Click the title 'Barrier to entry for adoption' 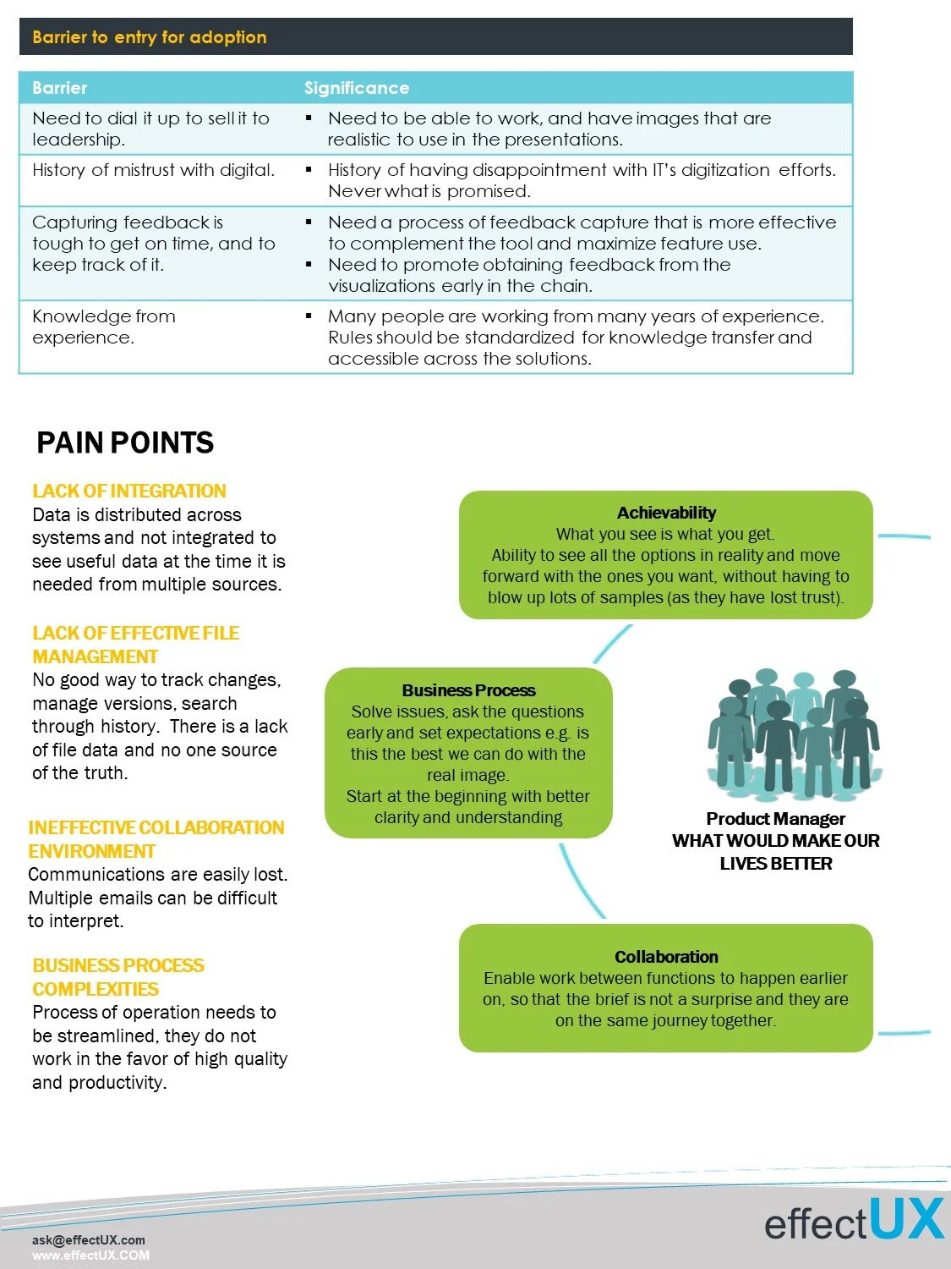coord(150,37)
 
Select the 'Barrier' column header coord(59,88)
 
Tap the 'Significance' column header coord(356,88)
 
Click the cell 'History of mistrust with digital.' coord(153,170)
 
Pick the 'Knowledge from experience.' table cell coord(104,327)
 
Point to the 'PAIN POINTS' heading coord(125,442)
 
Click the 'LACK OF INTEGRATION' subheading coord(129,491)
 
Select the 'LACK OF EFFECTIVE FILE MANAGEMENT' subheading coord(135,645)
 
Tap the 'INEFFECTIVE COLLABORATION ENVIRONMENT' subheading coord(156,839)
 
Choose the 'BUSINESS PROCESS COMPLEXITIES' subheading coord(118,977)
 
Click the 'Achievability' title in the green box coord(666,513)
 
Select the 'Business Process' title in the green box coord(468,690)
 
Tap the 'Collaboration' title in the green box coord(666,957)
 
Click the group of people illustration coord(792,733)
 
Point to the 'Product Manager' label coord(775,819)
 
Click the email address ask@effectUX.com coord(88,1240)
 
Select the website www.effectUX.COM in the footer coord(90,1255)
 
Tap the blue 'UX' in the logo coord(905,1220)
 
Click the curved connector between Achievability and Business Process coord(612,644)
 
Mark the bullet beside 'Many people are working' coord(309,316)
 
